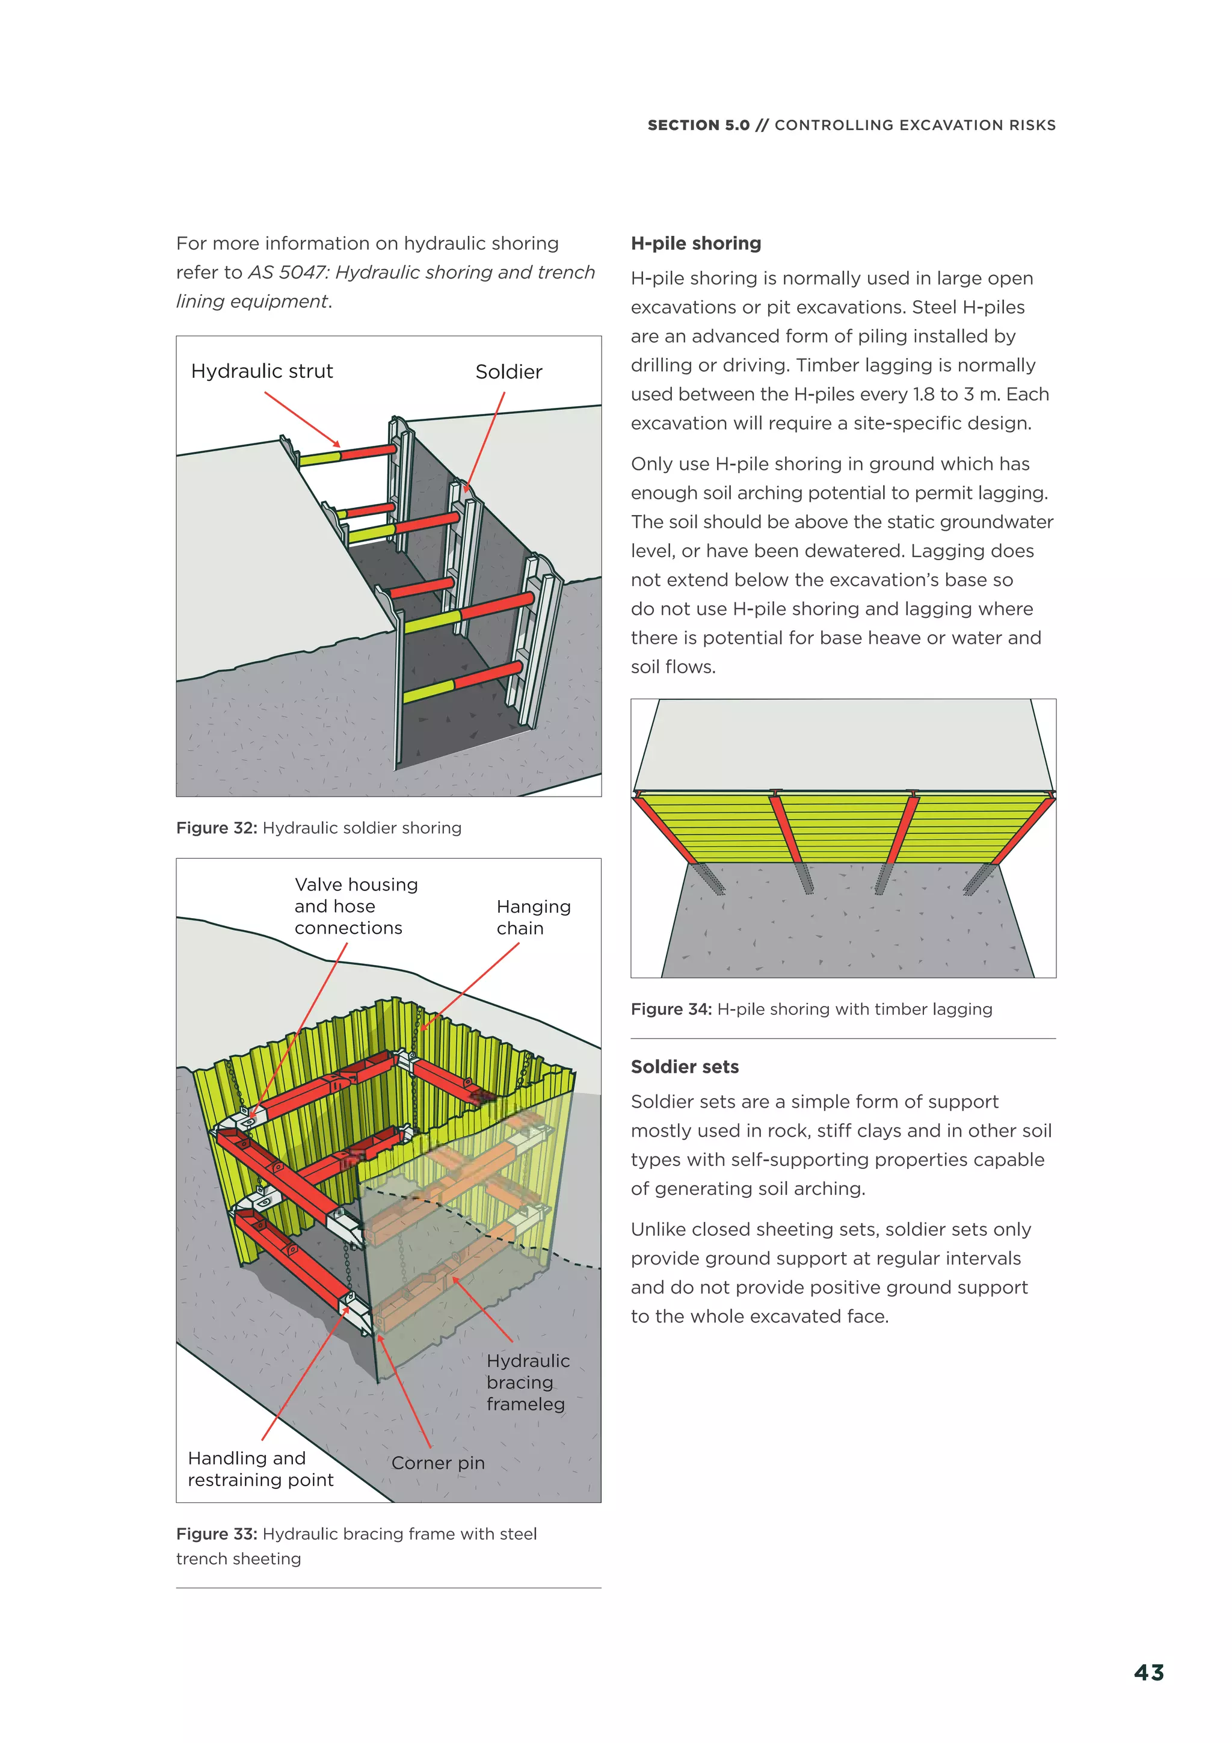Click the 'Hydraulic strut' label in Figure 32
262,371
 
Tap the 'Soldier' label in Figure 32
508,372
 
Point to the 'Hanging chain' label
533,917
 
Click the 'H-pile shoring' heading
695,243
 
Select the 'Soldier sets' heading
684,1067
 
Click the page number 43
1148,1673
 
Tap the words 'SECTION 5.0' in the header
698,125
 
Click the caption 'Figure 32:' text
217,827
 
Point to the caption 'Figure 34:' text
671,1009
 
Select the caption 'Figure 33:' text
217,1534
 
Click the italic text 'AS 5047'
286,273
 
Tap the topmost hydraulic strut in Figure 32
348,455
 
